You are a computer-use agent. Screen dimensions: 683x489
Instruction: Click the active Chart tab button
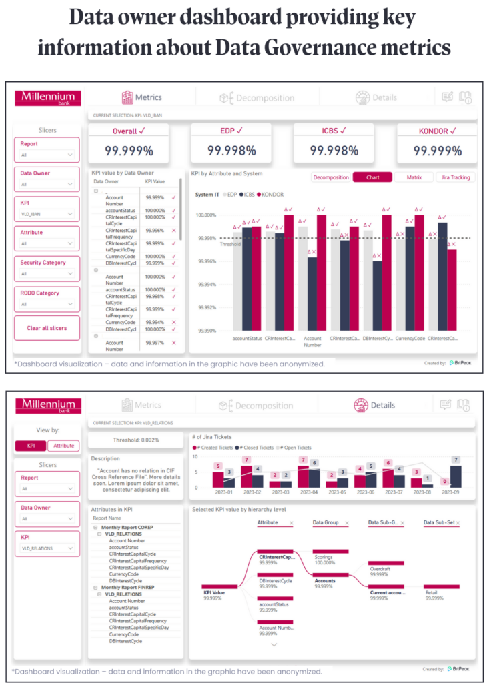click(372, 177)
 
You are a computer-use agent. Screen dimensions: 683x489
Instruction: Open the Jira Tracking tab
click(455, 177)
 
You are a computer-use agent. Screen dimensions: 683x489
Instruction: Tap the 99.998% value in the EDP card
click(231, 151)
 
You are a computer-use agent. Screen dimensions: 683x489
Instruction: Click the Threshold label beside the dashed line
click(230, 244)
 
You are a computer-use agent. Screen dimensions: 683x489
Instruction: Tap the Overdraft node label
click(380, 569)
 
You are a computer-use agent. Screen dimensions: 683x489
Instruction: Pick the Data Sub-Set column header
click(440, 522)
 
